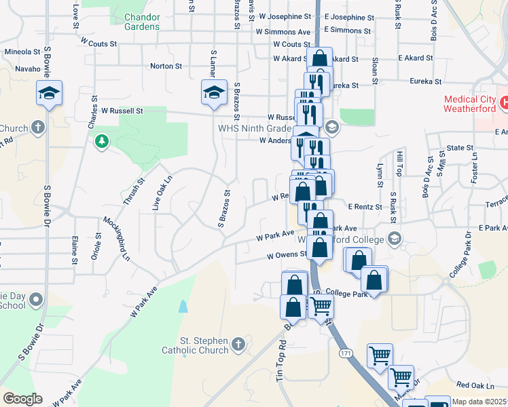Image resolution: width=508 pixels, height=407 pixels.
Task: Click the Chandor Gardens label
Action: [x=142, y=21]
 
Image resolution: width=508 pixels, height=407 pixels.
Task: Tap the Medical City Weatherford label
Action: [x=473, y=104]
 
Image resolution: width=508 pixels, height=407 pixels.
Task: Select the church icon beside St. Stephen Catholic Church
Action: [x=238, y=345]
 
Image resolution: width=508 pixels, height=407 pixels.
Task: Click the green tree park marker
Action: [x=102, y=141]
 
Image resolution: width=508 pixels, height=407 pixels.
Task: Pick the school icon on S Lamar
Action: [x=214, y=92]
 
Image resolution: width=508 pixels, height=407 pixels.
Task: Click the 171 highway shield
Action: [x=345, y=354]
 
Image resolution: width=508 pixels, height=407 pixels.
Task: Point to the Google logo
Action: [x=22, y=399]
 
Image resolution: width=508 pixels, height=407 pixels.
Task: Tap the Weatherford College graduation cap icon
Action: [x=395, y=238]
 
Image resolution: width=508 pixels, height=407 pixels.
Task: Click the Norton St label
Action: [x=166, y=66]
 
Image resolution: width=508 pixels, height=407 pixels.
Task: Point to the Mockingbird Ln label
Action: [x=117, y=239]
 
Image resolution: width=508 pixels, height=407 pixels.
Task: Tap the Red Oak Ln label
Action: [x=474, y=385]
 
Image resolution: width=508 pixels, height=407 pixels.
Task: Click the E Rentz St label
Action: [x=366, y=206]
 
